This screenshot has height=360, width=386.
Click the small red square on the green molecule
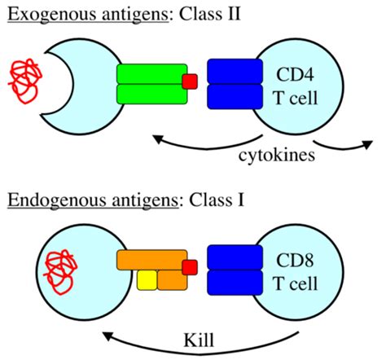click(x=190, y=81)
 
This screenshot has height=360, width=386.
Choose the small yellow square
click(x=147, y=281)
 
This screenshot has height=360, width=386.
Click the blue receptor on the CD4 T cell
click(x=232, y=84)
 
